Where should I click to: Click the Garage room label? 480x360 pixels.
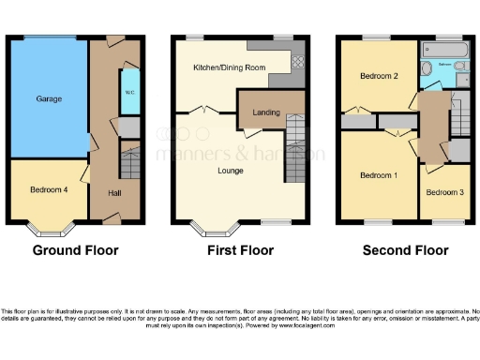49,97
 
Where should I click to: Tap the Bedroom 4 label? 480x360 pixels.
49,189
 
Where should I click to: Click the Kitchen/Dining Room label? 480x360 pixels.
230,68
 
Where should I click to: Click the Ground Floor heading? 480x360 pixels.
75,250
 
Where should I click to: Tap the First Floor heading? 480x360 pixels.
240,250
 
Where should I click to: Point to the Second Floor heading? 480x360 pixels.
405,250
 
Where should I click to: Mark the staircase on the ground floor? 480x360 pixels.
129,165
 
